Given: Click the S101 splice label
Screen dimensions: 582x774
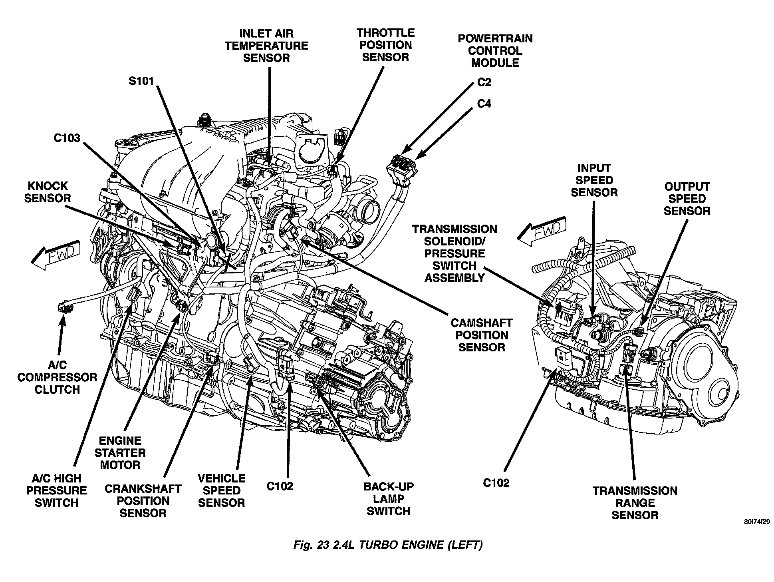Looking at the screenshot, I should pyautogui.click(x=141, y=81).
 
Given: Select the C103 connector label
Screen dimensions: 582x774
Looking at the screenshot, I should pyautogui.click(x=67, y=138).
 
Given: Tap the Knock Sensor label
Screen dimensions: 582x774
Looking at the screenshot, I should pyautogui.click(x=48, y=192).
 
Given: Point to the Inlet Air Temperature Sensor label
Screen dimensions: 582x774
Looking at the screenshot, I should pyautogui.click(x=266, y=46).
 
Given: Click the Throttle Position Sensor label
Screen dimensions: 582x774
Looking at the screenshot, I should pyautogui.click(x=385, y=45).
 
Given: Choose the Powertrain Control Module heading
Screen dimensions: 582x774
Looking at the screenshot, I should pyautogui.click(x=495, y=50).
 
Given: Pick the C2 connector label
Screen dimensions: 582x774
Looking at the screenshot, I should pyautogui.click(x=484, y=82).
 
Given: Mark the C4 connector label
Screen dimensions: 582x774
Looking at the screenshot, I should pyautogui.click(x=484, y=104).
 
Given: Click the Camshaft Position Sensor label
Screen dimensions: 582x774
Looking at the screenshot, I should pyautogui.click(x=481, y=335).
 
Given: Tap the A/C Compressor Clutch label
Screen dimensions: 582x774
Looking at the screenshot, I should pyautogui.click(x=57, y=377).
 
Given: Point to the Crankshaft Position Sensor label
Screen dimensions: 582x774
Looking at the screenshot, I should pyautogui.click(x=143, y=501).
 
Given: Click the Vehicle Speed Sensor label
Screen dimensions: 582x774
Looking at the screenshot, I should pyautogui.click(x=221, y=490).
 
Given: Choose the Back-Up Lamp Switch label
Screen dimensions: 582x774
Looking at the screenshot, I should pyautogui.click(x=388, y=499).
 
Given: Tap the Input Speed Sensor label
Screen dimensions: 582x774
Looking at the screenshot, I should pyautogui.click(x=594, y=180).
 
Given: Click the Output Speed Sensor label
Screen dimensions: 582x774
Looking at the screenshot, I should pyautogui.click(x=687, y=199).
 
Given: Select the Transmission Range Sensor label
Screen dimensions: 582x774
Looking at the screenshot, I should pyautogui.click(x=635, y=503).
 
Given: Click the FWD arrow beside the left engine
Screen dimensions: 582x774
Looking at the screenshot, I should pyautogui.click(x=56, y=255).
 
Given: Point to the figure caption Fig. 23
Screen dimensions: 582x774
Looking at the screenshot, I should pyautogui.click(x=387, y=545).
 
